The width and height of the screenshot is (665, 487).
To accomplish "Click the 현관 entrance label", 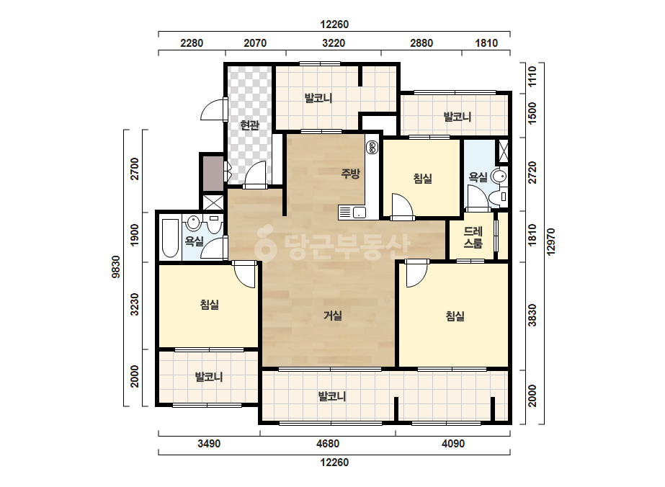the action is pos(249,125).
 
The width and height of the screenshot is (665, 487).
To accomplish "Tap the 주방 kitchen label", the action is pos(350,173).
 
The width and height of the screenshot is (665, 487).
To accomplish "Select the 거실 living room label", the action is pos(333,316).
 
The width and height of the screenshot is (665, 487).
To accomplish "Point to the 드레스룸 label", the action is pos(473,237).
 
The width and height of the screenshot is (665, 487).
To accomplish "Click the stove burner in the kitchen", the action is pos(372,147).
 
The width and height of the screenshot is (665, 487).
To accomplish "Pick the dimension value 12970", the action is pos(550,242).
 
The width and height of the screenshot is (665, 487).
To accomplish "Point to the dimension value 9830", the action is pos(115,267).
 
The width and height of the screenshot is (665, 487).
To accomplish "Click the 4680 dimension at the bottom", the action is pos(327,444).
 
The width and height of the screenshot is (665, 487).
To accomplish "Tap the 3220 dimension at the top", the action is pos(334,43).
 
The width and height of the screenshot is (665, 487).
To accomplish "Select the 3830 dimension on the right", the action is pos(532,316).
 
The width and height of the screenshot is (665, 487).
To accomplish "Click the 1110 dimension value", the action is pos(532,76).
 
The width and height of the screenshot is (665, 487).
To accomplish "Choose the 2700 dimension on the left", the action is pos(135,169).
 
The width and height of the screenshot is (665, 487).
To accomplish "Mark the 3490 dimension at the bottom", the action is pos(209,444).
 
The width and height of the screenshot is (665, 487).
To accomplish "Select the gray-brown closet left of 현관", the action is pos(213,173).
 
